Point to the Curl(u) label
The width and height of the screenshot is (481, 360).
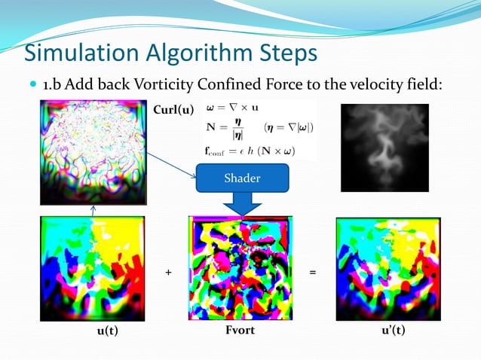point(173,111)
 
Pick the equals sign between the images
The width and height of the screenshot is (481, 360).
point(312,272)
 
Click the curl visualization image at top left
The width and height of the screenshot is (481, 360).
point(93,153)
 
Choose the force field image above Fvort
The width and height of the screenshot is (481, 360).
point(240,268)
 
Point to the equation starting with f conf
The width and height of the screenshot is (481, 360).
point(248,150)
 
